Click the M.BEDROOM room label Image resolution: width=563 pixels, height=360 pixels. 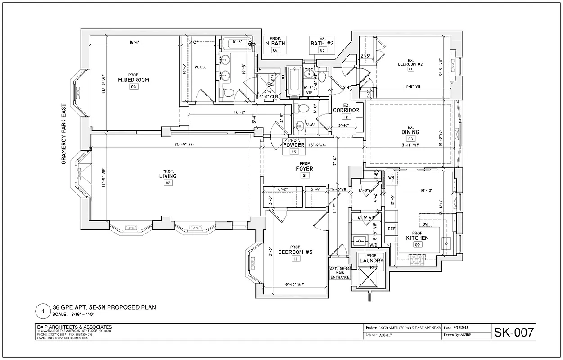click(133, 80)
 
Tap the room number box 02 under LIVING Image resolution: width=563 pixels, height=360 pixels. click(167, 183)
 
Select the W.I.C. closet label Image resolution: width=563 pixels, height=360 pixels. click(200, 67)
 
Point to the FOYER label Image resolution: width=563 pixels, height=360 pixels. click(304, 169)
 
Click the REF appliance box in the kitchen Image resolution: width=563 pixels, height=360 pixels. click(391, 229)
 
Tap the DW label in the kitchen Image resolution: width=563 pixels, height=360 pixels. click(425, 224)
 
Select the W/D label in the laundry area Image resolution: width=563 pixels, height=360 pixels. click(373, 245)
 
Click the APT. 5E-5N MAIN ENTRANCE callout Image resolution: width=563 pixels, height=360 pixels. click(340, 273)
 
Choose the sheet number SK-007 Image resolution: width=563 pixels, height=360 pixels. click(513, 333)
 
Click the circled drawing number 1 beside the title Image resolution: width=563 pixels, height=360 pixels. click(43, 311)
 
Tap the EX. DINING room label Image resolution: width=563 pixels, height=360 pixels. click(410, 132)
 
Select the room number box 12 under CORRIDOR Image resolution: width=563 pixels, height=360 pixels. click(346, 117)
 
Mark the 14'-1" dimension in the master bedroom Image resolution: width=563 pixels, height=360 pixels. click(134, 43)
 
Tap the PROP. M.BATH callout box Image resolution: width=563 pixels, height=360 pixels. click(275, 44)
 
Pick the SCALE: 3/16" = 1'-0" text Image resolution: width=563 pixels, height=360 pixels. click(79, 314)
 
